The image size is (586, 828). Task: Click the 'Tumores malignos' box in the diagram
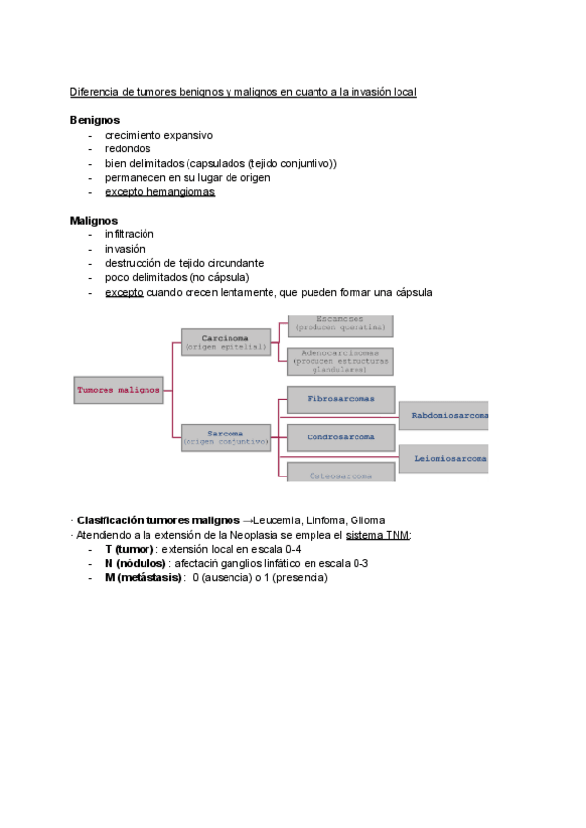pos(118,390)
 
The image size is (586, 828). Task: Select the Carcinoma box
pos(226,342)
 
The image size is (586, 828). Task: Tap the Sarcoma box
pos(226,436)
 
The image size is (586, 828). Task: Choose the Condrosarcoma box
pos(340,436)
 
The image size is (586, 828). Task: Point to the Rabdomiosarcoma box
pos(444,416)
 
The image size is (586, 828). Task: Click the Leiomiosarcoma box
pos(444,457)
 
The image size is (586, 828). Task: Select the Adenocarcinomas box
pos(339,361)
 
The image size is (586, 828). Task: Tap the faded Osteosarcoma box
pos(339,474)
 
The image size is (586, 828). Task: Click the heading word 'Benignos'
pos(95,120)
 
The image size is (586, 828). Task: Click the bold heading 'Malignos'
pos(94,221)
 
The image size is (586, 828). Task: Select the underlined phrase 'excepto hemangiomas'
pos(160,192)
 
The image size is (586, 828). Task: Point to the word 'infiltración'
pos(129,234)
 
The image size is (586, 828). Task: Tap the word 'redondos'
pos(128,148)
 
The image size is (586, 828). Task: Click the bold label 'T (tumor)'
pos(131,550)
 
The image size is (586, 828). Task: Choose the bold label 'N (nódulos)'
pos(136,563)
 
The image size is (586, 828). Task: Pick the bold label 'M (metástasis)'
pos(144,578)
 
